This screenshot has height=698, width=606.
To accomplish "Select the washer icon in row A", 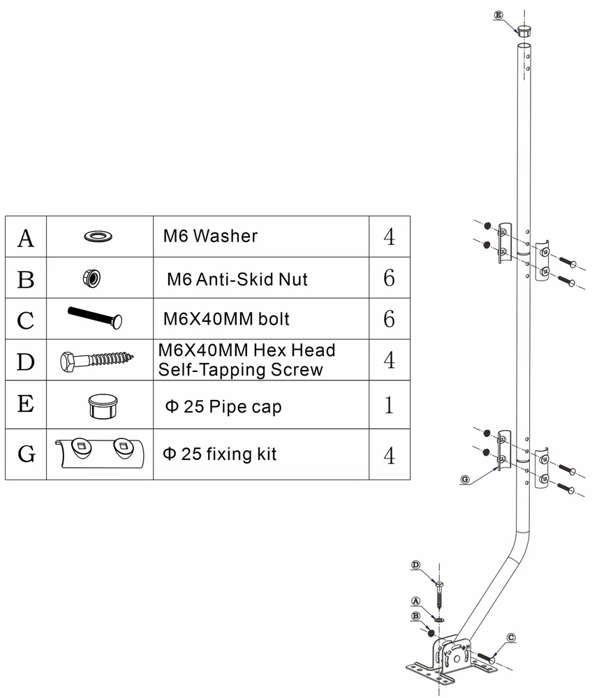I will [x=100, y=236].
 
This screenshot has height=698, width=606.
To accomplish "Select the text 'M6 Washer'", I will [x=210, y=236].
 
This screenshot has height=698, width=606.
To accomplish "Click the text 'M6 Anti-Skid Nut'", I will [x=237, y=279].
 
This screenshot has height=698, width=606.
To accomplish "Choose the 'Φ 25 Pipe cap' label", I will [x=222, y=406].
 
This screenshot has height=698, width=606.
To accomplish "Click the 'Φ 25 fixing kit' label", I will [x=219, y=454].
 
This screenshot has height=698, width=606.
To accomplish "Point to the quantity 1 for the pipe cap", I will [x=389, y=406].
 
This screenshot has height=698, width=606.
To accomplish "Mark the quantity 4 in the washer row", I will [x=389, y=237].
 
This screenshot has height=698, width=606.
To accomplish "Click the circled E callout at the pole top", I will [x=498, y=14].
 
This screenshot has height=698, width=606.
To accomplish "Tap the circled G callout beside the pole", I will [x=466, y=480].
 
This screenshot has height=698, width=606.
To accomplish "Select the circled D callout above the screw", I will [x=416, y=565].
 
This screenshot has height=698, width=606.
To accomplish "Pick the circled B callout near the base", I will [x=416, y=616].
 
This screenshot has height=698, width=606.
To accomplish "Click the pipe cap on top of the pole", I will [x=524, y=31].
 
